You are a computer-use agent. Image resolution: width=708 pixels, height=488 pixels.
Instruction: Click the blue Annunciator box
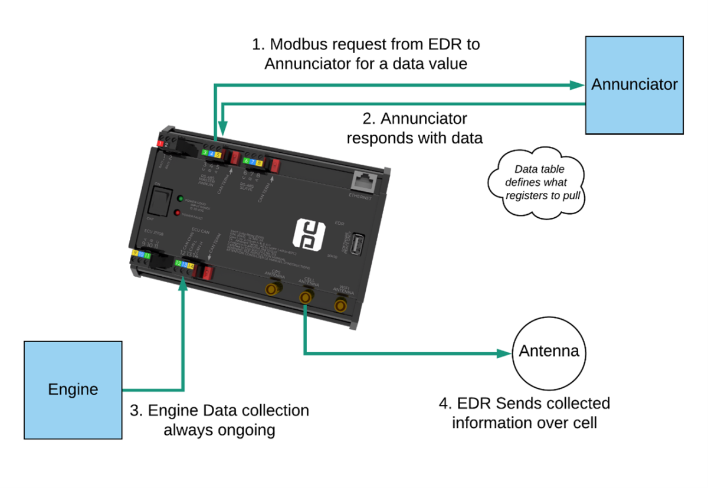(x=634, y=84)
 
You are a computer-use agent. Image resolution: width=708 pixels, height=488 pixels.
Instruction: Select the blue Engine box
(x=73, y=389)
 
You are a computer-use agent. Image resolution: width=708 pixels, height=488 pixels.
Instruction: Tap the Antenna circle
(x=549, y=352)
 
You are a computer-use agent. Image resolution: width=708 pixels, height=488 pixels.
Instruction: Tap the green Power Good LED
(x=180, y=199)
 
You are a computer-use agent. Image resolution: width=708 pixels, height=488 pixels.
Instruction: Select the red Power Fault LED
(x=176, y=213)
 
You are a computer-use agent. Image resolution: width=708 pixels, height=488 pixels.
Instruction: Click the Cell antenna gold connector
(x=305, y=297)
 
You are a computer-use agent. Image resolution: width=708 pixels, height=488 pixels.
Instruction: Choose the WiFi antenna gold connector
(x=340, y=305)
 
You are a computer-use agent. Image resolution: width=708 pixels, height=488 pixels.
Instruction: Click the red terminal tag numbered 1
(x=160, y=143)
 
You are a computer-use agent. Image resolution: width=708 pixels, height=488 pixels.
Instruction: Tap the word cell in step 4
(x=585, y=423)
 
